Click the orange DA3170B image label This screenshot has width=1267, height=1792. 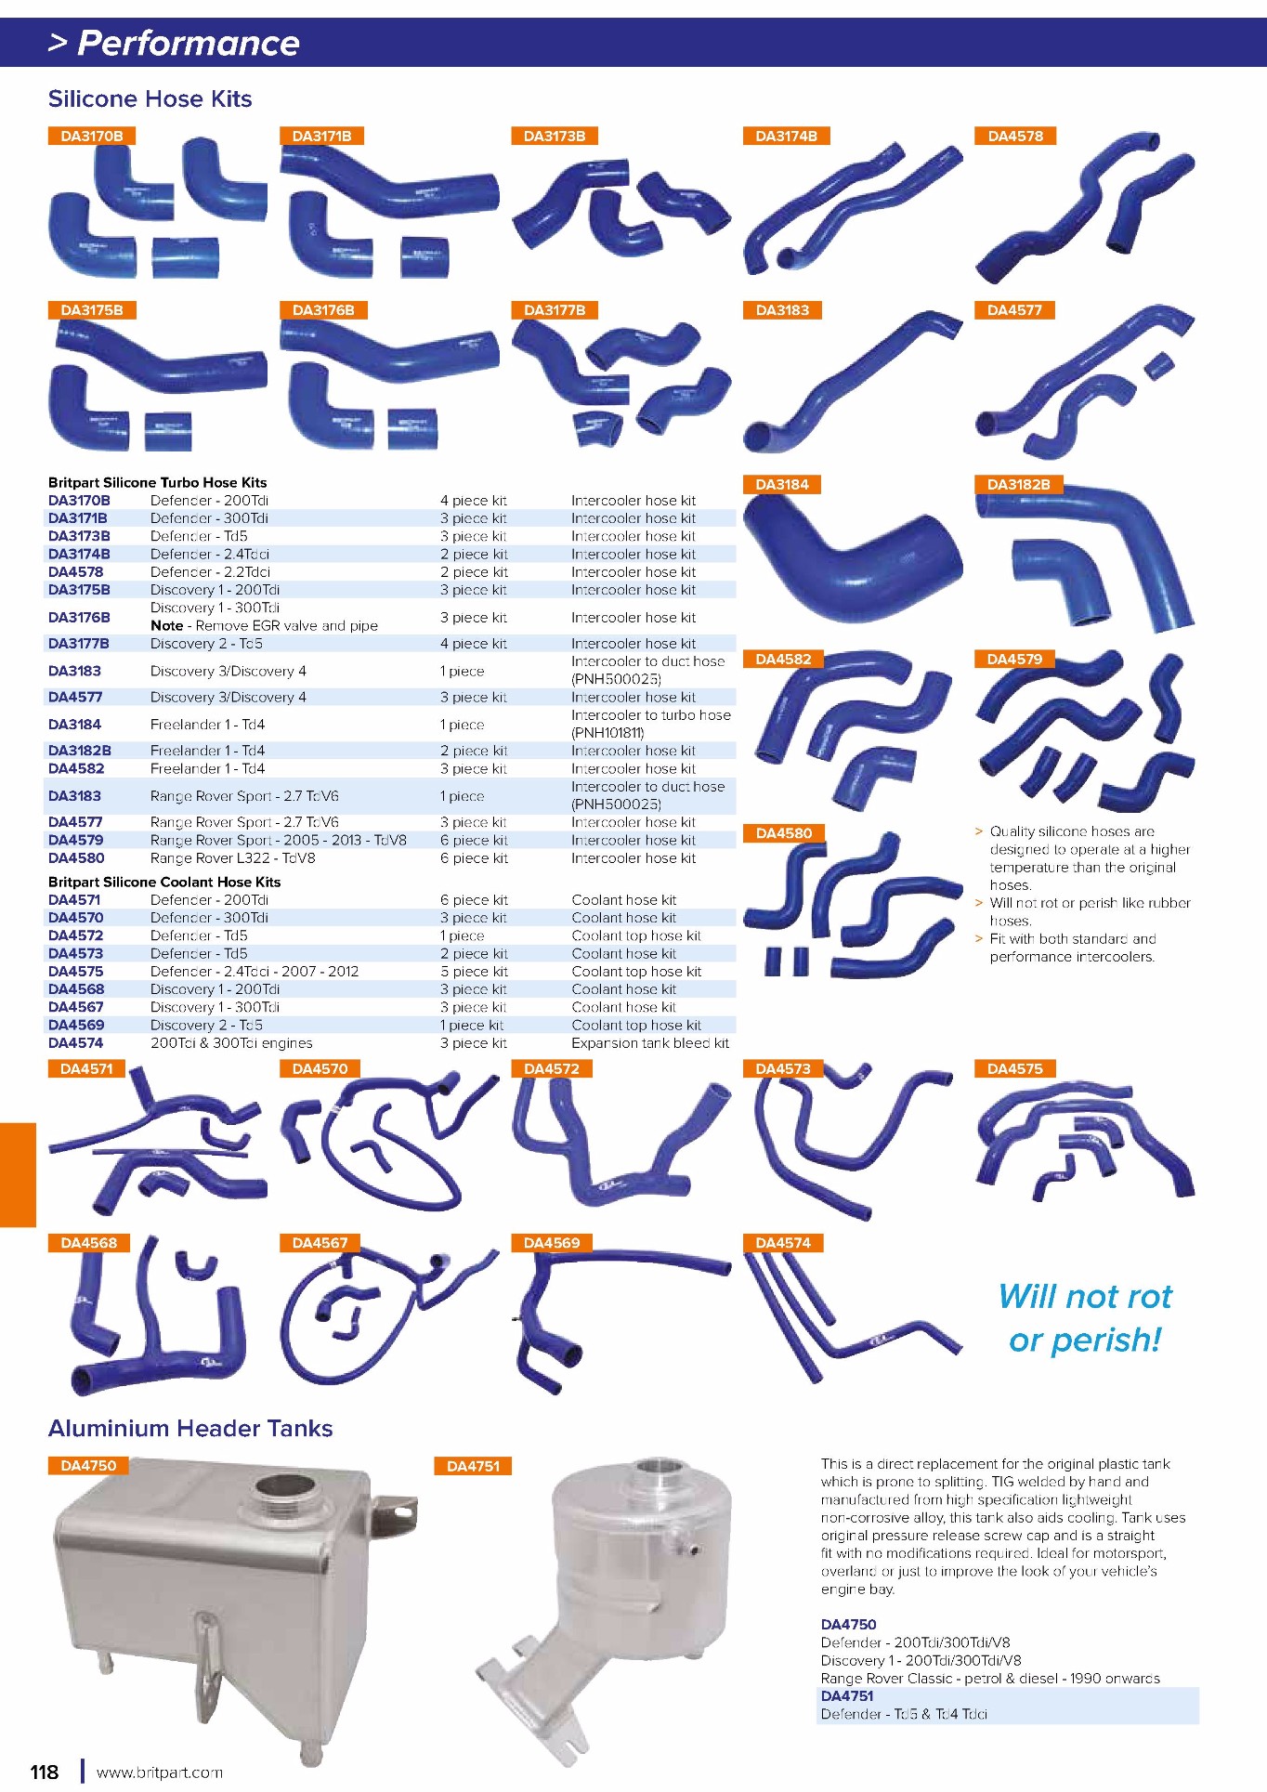click(x=91, y=136)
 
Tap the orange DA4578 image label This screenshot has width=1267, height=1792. click(x=1014, y=136)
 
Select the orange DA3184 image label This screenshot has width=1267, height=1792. click(x=783, y=484)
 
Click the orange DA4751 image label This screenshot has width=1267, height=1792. click(x=473, y=1466)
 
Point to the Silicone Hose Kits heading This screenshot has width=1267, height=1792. click(x=150, y=98)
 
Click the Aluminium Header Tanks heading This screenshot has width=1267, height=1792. click(x=190, y=1428)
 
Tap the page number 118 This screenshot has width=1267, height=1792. click(x=45, y=1772)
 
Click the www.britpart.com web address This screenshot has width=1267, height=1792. click(x=160, y=1772)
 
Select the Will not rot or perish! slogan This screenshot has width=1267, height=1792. click(x=1085, y=1317)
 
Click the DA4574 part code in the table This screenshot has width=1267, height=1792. click(x=76, y=1043)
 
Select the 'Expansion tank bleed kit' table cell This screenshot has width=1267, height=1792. click(x=650, y=1043)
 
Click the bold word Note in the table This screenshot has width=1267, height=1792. click(x=167, y=626)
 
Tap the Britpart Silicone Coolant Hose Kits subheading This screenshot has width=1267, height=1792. click(x=164, y=882)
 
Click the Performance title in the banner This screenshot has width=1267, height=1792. click(x=189, y=43)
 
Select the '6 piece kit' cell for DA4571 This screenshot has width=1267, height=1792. click(x=474, y=900)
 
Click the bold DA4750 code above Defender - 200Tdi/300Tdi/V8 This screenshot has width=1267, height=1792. click(x=848, y=1625)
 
